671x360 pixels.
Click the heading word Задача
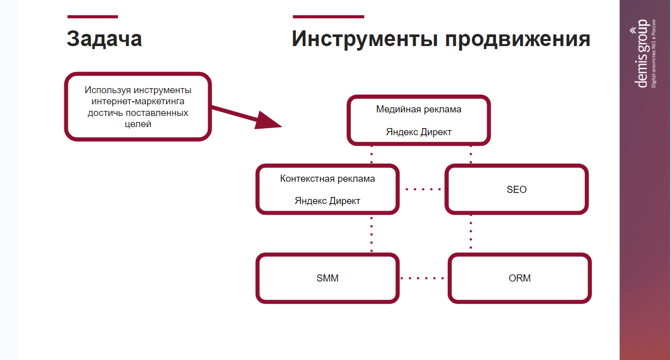coord(104,39)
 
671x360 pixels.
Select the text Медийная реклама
coord(419,109)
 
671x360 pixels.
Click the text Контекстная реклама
coord(328,179)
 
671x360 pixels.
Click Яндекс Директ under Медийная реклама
coord(419,132)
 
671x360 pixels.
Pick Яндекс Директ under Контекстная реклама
coord(328,201)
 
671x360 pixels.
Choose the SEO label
coord(517,190)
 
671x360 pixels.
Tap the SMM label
coord(328,278)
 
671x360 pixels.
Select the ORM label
coord(520,278)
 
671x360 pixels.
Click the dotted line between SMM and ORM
coord(422,278)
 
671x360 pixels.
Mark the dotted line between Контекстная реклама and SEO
coord(422,189)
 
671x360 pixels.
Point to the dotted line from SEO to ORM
coord(471,232)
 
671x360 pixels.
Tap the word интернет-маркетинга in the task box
coord(138,101)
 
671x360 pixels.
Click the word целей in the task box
coord(138,124)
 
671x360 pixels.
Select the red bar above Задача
coord(92,17)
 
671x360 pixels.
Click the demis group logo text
coord(643,53)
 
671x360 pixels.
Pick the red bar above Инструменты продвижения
coord(328,17)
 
